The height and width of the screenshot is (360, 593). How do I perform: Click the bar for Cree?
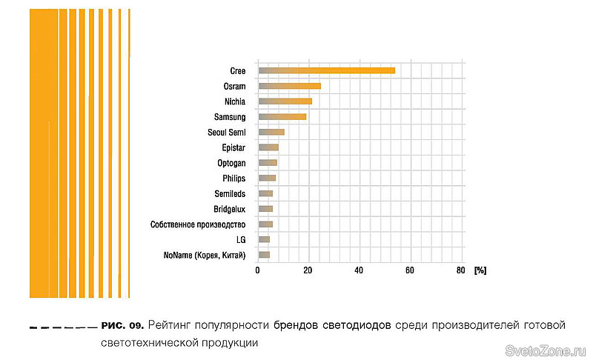[x=326, y=70]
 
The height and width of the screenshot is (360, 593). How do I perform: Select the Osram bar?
[x=289, y=86]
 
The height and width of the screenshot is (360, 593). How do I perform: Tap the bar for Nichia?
[x=285, y=101]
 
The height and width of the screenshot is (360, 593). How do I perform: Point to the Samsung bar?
[x=282, y=116]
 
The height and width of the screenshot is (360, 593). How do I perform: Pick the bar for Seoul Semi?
[x=271, y=132]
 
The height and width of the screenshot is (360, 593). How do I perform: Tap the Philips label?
[x=233, y=179]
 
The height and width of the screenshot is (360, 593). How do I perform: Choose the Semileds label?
[x=230, y=194]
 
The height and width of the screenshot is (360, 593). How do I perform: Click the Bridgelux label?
[x=229, y=209]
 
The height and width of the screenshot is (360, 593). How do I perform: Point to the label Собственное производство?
[x=197, y=224]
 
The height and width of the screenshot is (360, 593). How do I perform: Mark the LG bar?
[x=264, y=239]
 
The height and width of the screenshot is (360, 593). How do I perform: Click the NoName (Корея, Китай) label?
[x=204, y=256]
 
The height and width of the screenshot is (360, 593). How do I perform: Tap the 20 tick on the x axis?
[x=308, y=270]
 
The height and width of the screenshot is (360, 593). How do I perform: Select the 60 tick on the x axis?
[x=409, y=270]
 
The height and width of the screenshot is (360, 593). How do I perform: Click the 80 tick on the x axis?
[x=460, y=270]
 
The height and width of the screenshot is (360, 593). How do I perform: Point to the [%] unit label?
[x=480, y=270]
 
